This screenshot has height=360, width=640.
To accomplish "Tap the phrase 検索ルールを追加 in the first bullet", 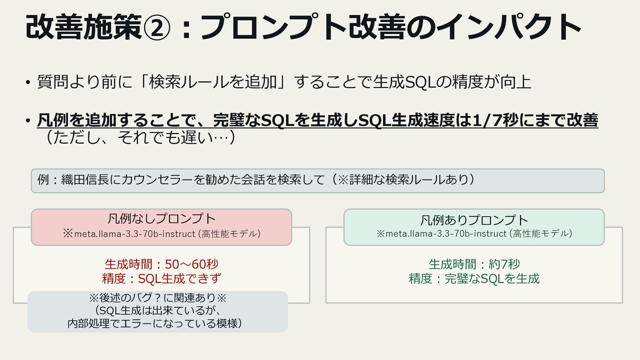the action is (x=213, y=82).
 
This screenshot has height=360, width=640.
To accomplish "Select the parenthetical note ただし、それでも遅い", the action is (x=140, y=137).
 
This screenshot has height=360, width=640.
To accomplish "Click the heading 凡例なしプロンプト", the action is (x=161, y=219).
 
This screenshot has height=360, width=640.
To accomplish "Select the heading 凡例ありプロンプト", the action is (x=474, y=220).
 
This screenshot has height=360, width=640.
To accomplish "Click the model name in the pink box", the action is (x=135, y=234).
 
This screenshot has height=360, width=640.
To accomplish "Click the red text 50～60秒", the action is (x=192, y=264).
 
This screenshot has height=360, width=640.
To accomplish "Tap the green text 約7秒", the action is (x=504, y=264).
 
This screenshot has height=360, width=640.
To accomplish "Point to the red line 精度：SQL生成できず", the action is (x=161, y=279).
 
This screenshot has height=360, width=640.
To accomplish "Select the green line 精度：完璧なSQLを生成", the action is (x=474, y=279).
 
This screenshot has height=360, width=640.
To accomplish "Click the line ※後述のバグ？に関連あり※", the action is (x=158, y=298).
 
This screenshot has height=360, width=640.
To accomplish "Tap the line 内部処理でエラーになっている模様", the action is (x=155, y=323).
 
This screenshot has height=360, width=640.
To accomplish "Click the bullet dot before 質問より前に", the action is (x=28, y=82).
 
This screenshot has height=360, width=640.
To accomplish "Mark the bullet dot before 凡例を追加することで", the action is (x=28, y=121).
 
